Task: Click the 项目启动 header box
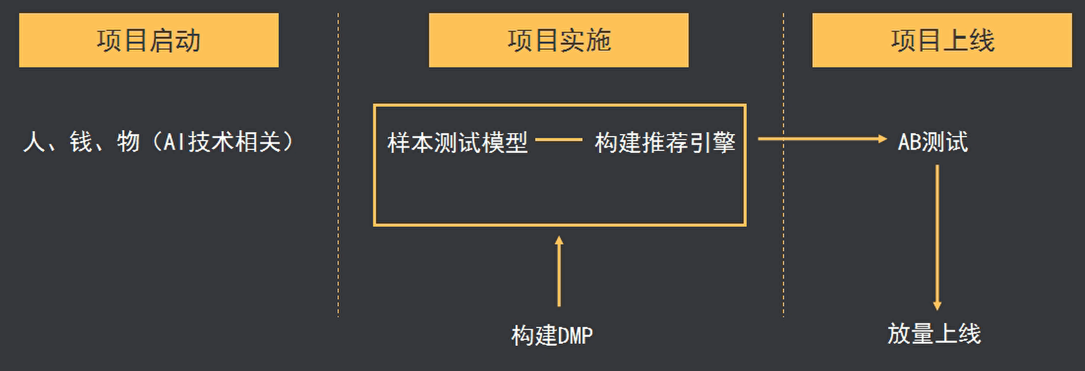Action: (149, 40)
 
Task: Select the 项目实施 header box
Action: (558, 40)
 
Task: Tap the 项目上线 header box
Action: (941, 40)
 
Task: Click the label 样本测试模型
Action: (457, 142)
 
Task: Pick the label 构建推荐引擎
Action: (664, 142)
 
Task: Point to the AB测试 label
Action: (932, 142)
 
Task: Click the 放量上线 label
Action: (934, 334)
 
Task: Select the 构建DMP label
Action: (552, 335)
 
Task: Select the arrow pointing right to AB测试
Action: (822, 139)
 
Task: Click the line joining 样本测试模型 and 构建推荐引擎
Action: (559, 139)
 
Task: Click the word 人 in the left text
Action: (34, 142)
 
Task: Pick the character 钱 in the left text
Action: (82, 142)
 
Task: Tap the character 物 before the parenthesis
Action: (128, 142)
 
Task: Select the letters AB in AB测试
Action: (909, 142)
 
